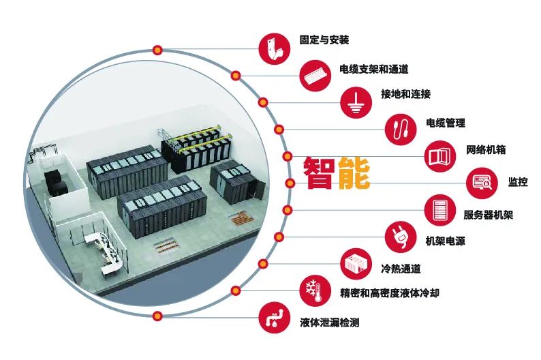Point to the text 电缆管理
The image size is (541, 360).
pyautogui.click(x=445, y=123)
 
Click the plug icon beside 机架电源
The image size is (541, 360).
pyautogui.click(x=401, y=237)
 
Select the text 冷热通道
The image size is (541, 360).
pyautogui.click(x=401, y=267)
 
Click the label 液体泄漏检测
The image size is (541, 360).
pyautogui.click(x=329, y=322)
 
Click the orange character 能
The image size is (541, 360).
pyautogui.click(x=353, y=172)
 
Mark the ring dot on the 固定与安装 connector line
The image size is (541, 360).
pyautogui.click(x=157, y=49)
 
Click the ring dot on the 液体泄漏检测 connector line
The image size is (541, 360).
pyautogui.click(x=157, y=316)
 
